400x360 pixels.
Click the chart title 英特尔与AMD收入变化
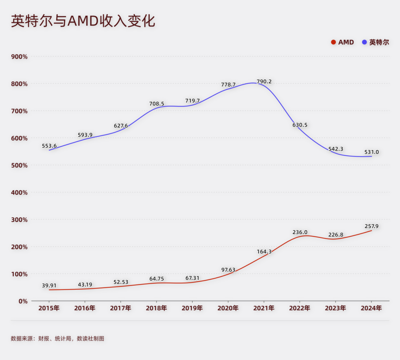tap(83, 21)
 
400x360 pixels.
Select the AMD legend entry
tap(343, 42)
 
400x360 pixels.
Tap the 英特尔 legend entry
tap(376, 42)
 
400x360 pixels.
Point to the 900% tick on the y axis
tap(20, 57)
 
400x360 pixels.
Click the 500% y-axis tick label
tap(20, 165)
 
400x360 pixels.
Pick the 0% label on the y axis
tap(23, 301)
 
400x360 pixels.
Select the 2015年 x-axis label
tap(49, 308)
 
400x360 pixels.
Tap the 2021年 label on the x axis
tap(264, 308)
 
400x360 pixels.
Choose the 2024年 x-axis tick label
tap(371, 308)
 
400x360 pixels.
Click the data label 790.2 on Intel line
tap(264, 81)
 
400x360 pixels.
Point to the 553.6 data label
tap(49, 146)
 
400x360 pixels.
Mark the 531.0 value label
tap(371, 152)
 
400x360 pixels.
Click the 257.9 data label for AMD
tap(371, 226)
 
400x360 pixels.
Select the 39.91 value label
tap(49, 286)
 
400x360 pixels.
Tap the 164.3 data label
tap(264, 252)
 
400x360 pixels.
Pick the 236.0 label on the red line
tap(300, 232)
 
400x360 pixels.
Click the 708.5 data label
tap(157, 104)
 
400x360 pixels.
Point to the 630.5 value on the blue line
tap(300, 125)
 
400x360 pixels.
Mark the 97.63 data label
tap(229, 270)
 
